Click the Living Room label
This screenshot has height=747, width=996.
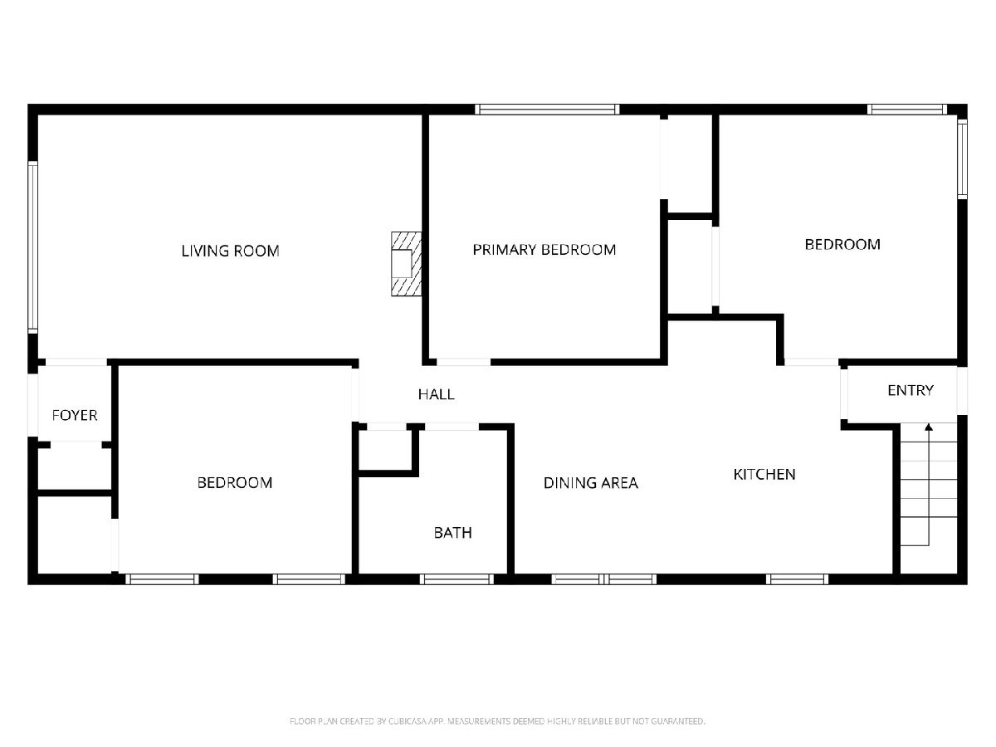230,251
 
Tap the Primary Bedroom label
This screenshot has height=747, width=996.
544,250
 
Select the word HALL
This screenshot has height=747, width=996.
436,394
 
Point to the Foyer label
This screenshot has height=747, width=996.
75,415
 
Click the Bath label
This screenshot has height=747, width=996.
453,533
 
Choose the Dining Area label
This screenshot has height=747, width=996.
591,483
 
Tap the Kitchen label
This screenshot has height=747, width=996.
764,475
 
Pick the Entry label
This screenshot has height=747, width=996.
911,390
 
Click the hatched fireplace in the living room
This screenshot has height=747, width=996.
406,264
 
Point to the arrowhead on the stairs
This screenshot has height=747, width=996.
929,427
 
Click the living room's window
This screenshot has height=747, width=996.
32,247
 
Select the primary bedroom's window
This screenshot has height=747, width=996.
547,110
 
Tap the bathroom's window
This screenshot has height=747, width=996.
456,579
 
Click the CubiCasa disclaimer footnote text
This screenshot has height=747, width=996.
497,721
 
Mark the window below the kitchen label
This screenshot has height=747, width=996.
798,579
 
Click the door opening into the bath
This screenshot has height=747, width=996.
452,427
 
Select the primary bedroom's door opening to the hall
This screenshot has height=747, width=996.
463,362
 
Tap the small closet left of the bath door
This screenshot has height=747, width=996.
385,450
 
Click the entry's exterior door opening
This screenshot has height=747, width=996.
963,390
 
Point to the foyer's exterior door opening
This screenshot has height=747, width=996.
32,405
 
